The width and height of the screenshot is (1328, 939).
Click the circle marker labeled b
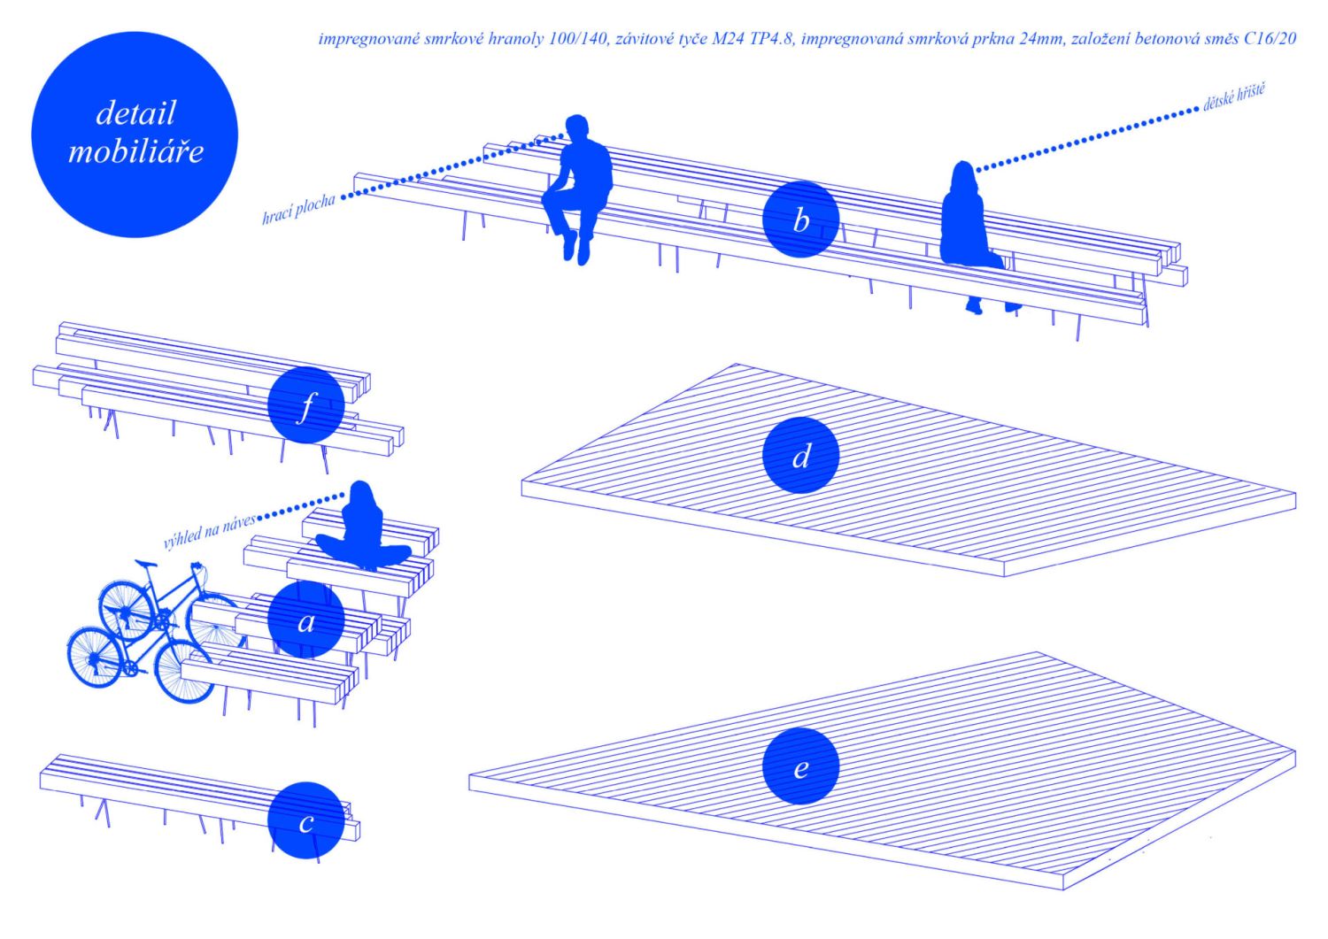[801, 219]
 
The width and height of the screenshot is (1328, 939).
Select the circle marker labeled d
[801, 455]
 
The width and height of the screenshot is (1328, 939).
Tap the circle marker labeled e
[801, 766]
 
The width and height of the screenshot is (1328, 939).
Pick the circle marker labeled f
[306, 404]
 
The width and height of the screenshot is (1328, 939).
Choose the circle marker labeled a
[306, 620]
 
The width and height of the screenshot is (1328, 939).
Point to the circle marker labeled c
[306, 820]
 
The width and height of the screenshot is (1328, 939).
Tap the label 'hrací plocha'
[298, 209]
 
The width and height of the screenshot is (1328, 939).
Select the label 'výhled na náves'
[209, 531]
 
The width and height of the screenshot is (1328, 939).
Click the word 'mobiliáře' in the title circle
[135, 151]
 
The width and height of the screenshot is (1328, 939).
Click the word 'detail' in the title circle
[135, 112]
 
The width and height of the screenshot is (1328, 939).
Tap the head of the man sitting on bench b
[576, 128]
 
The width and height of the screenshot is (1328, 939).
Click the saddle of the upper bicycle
[146, 563]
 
